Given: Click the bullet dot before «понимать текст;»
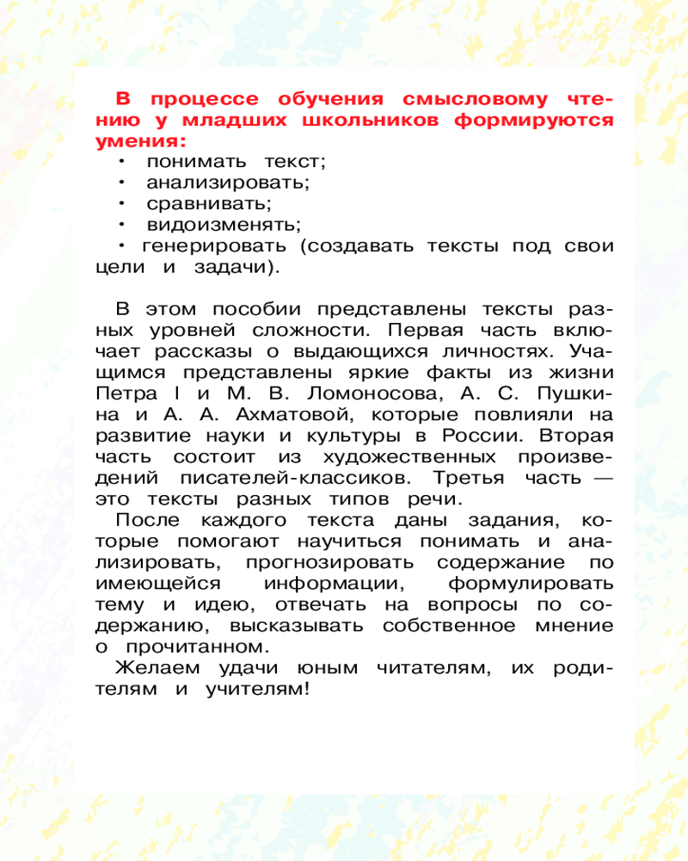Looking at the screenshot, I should tap(123, 161).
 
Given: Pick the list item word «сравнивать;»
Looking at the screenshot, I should tap(209, 204).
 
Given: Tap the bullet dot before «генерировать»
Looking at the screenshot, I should tap(123, 245).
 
